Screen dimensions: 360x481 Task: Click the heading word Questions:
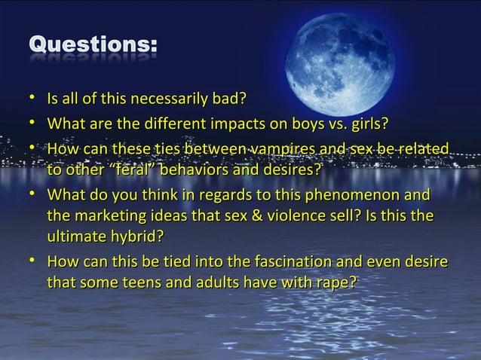pyautogui.click(x=93, y=47)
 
